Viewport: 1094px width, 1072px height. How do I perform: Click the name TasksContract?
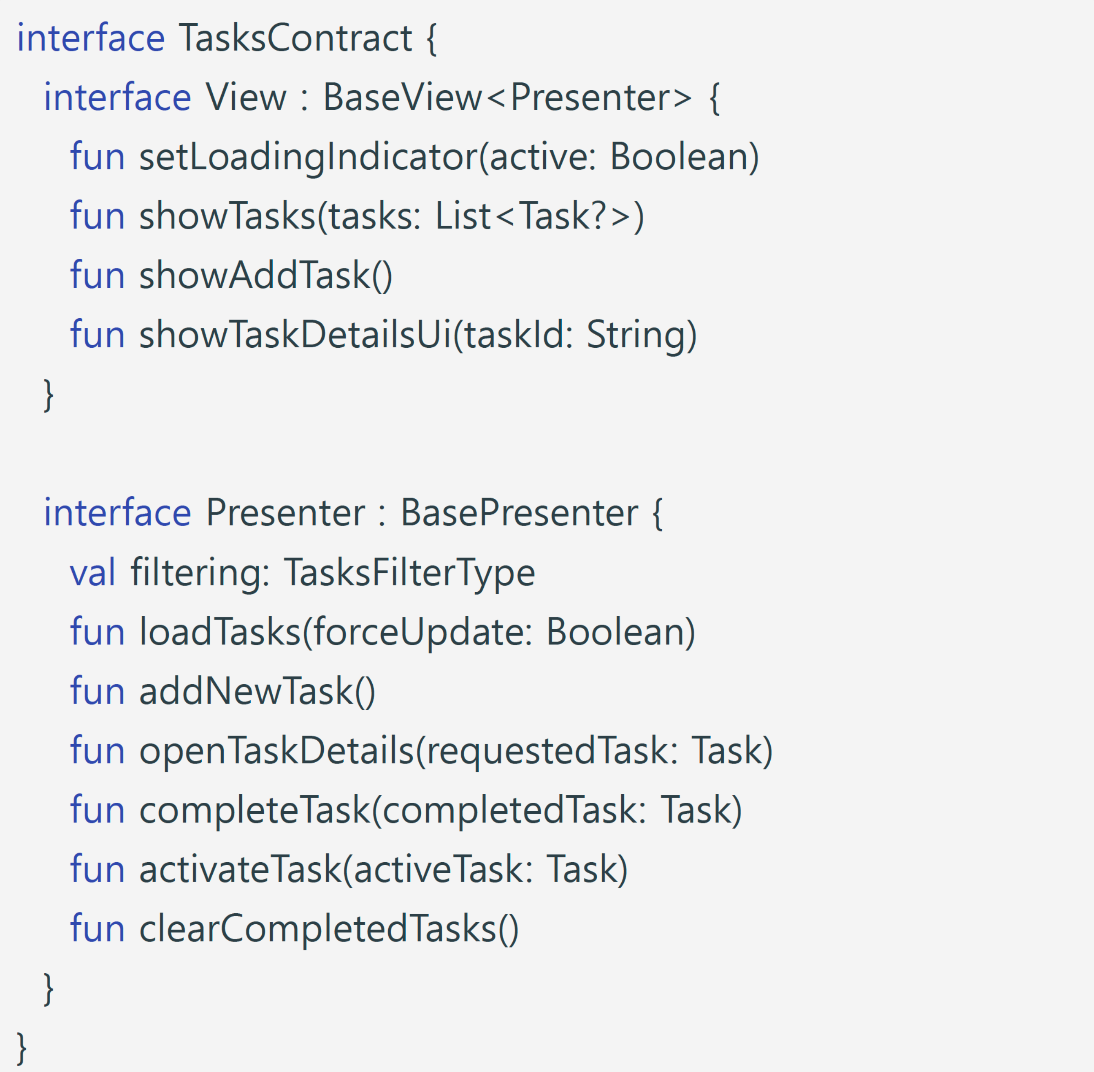pyautogui.click(x=295, y=38)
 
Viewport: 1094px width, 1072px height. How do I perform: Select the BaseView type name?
pyautogui.click(x=403, y=97)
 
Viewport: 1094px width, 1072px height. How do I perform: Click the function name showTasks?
pyautogui.click(x=227, y=216)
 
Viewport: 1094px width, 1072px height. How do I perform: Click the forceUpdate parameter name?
pyautogui.click(x=419, y=632)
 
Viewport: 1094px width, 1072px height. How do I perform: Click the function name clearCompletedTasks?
pyautogui.click(x=318, y=929)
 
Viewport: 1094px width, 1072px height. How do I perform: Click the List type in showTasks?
pyautogui.click(x=463, y=216)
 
